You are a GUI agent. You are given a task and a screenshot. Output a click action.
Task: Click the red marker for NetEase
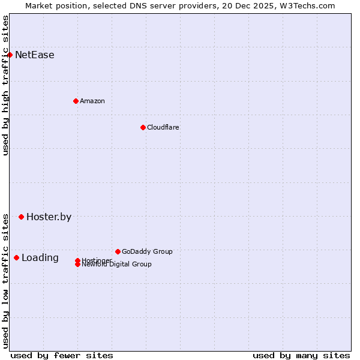point(10,55)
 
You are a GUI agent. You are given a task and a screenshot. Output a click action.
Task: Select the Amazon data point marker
point(76,101)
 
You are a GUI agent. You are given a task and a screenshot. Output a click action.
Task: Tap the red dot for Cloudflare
point(143,127)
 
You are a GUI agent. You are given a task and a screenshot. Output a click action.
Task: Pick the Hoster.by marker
point(21,217)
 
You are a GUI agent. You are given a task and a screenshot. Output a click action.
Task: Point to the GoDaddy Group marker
point(118,251)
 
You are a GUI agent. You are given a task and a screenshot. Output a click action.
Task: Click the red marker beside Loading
point(16,258)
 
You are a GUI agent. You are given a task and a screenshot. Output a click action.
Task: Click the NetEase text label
point(34,55)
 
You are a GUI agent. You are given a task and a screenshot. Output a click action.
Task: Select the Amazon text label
point(92,101)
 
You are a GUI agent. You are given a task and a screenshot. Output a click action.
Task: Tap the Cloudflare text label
point(163,127)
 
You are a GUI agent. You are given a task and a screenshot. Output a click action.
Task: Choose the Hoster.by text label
point(49,217)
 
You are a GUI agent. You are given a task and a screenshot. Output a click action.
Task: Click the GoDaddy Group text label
point(147,251)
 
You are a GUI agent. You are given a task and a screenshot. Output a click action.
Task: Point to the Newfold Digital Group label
point(117,265)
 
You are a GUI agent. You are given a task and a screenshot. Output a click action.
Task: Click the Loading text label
point(40,258)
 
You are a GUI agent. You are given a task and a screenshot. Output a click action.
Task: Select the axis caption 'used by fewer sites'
point(62,355)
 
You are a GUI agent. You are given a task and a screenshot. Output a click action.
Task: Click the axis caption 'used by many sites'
point(301,355)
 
